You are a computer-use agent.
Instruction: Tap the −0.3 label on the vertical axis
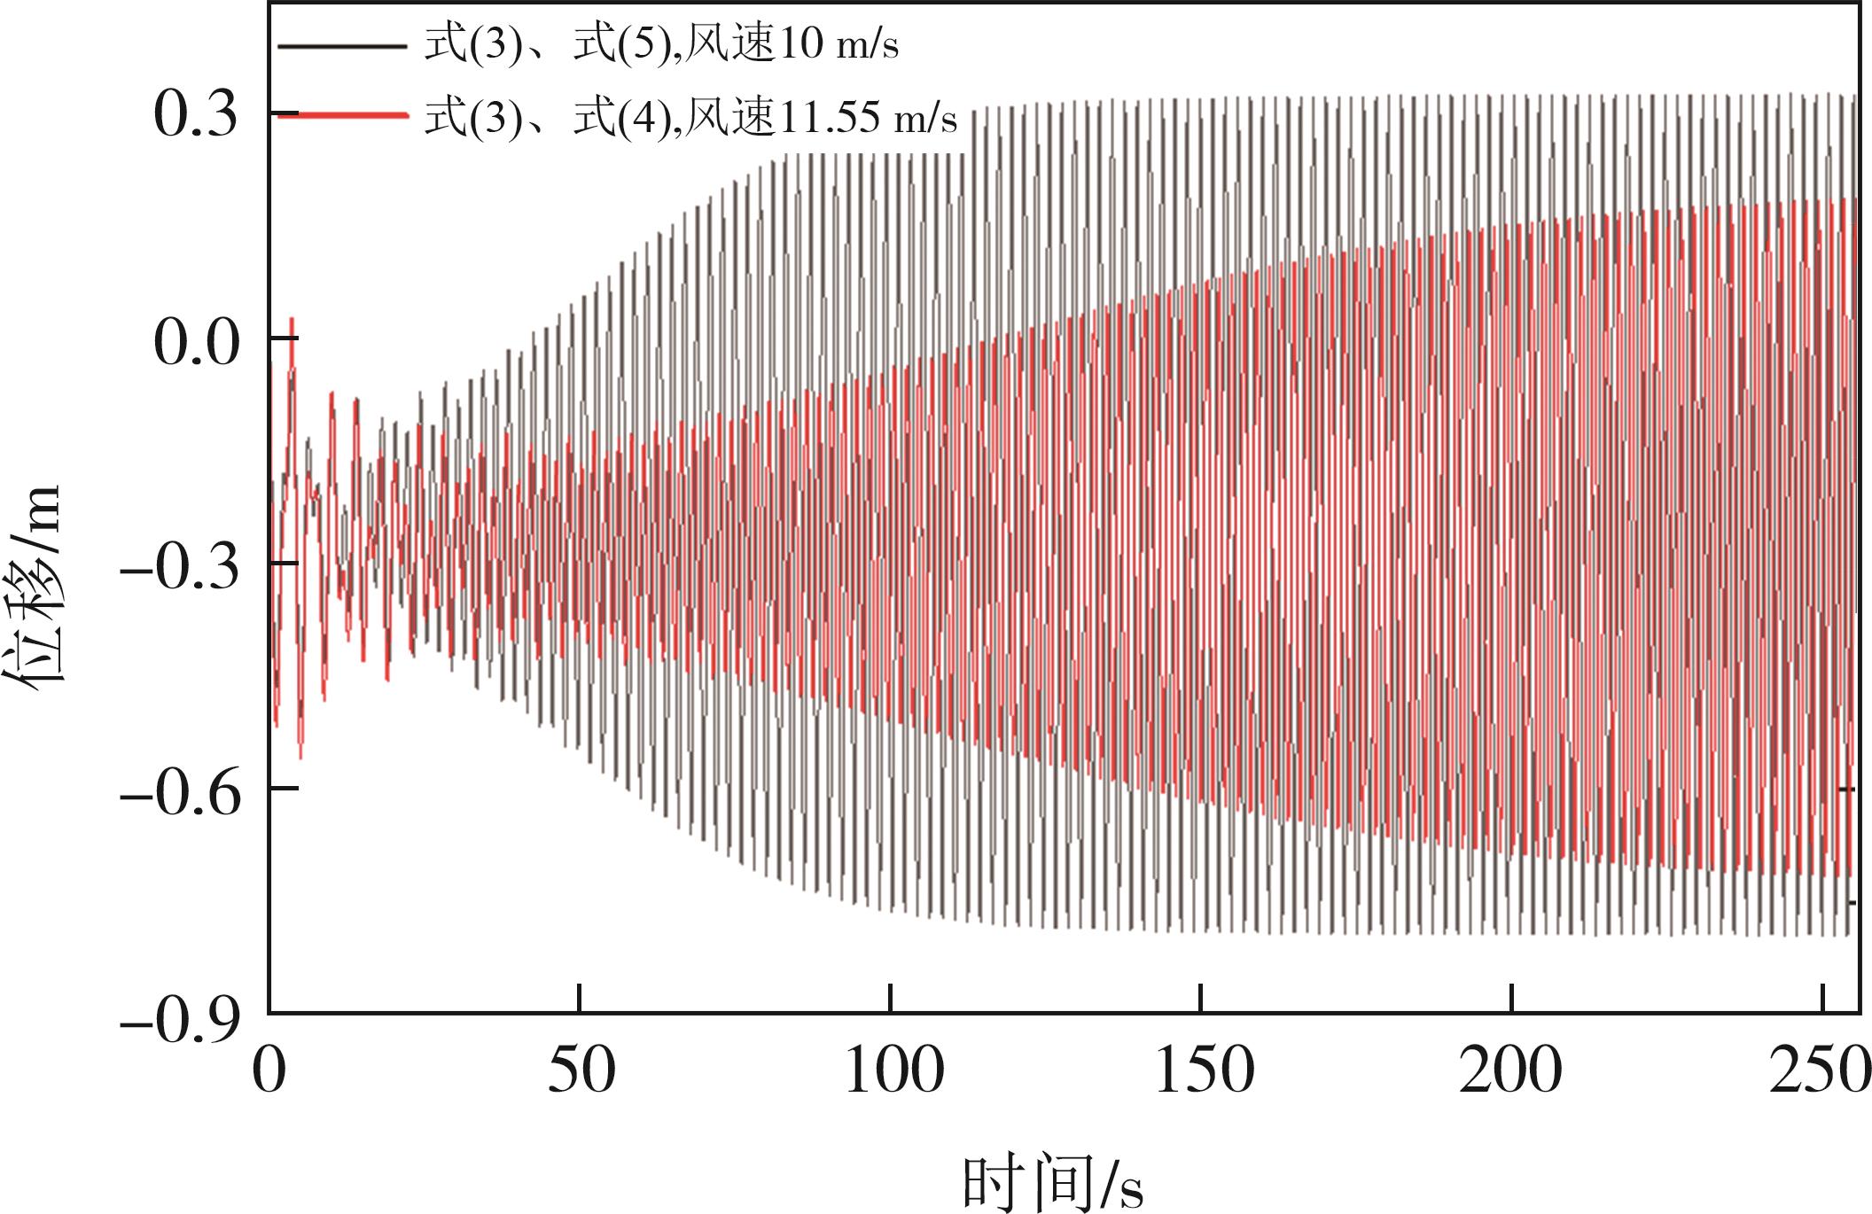click(x=181, y=568)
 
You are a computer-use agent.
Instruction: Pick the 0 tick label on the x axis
click(x=269, y=1071)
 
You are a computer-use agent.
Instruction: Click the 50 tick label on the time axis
click(x=581, y=1071)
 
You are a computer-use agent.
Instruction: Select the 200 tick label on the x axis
click(x=1511, y=1071)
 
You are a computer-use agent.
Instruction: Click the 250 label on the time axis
click(x=1817, y=1071)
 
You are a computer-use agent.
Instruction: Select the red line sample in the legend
click(x=342, y=114)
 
